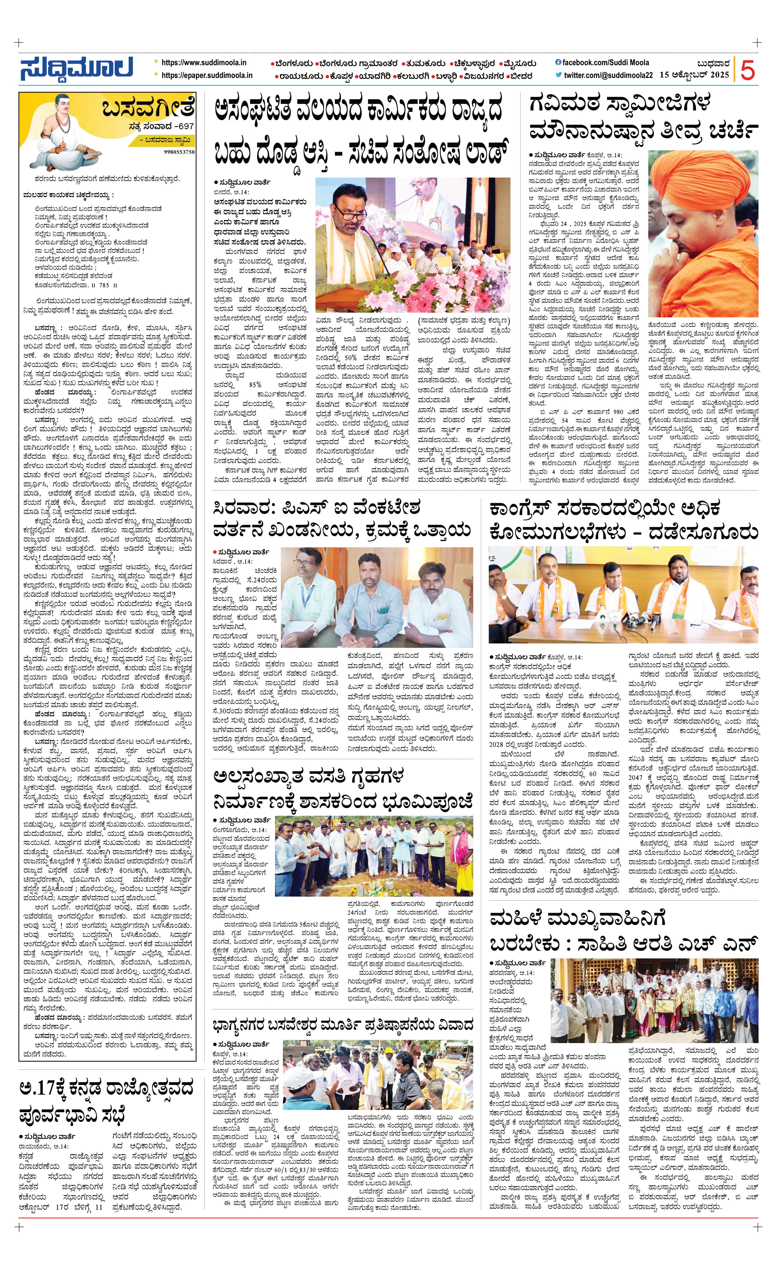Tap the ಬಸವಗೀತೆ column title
pos(148,109)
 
